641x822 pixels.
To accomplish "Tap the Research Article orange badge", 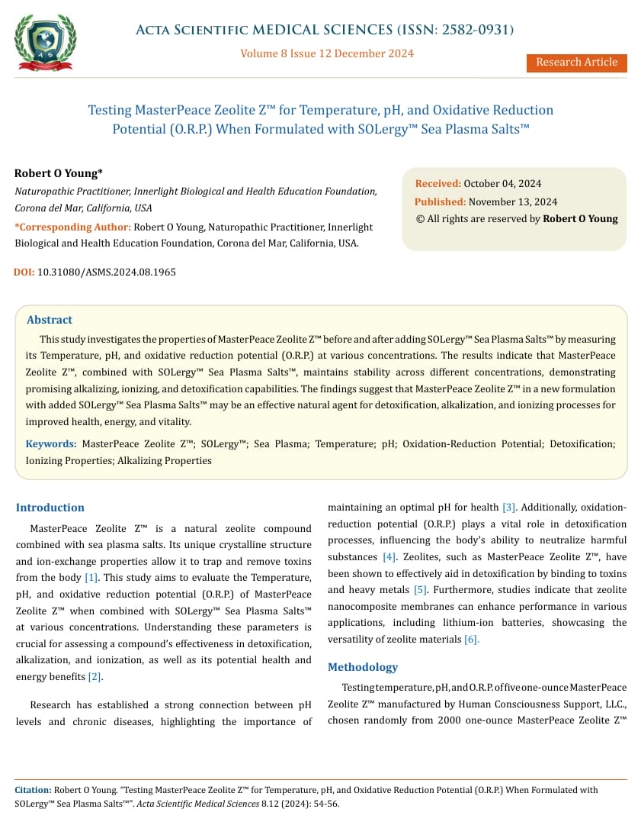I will coord(576,63).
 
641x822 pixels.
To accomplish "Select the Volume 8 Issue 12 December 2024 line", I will coord(327,53).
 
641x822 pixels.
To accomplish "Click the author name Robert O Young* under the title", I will coord(59,173).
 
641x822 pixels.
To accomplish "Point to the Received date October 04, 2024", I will coord(503,184).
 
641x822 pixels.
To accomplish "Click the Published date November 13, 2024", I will coord(512,202).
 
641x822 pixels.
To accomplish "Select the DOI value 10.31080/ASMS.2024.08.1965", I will coord(106,272).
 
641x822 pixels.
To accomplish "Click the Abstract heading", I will coord(50,320).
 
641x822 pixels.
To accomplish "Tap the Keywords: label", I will coord(51,443).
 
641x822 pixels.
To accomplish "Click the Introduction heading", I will coord(50,508).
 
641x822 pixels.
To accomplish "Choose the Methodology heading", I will coord(363,667).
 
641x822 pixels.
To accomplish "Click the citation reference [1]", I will coord(91,578).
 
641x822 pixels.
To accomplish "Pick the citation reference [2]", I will coord(95,677).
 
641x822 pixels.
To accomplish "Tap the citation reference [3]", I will coord(509,508).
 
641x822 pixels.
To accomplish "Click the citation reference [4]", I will coord(389,557).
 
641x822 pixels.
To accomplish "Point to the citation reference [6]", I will coord(472,640).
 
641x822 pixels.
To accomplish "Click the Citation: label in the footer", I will coord(34,790).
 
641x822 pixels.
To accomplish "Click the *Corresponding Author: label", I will coord(73,227).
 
